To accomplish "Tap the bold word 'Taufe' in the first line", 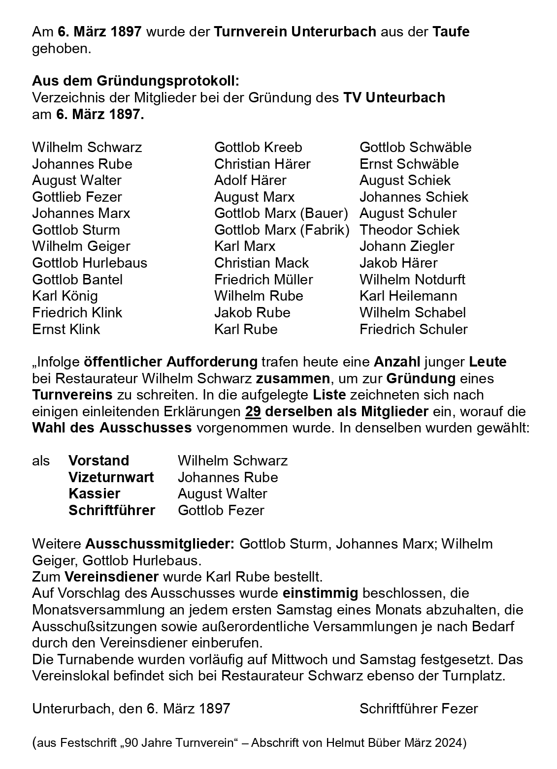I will (451, 32).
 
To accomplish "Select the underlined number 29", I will (253, 411).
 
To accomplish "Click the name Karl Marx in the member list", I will (245, 246).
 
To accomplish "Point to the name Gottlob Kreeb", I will (258, 147).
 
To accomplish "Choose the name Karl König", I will (65, 296).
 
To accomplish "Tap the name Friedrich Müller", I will (263, 279).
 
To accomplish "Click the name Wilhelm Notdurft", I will (412, 279).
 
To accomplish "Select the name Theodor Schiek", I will (409, 230).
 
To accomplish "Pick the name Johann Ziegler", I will (407, 246).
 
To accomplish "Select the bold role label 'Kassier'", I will (94, 493).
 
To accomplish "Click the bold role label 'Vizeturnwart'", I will (111, 477).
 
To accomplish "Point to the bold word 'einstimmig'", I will (320, 593).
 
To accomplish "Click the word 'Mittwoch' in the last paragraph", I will (377, 659).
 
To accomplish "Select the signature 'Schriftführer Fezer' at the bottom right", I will (419, 708).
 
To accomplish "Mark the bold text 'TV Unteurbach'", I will (394, 97).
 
